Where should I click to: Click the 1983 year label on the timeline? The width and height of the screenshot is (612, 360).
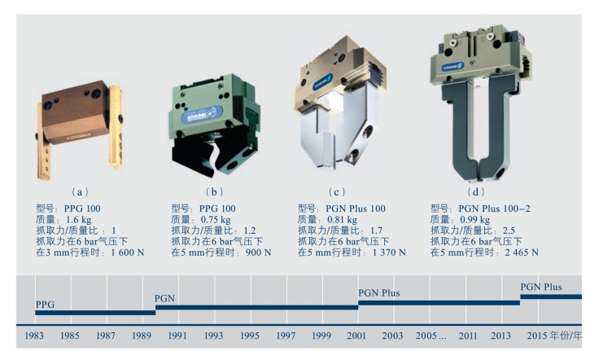pos(34,336)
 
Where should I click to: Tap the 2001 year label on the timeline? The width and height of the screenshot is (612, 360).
pos(356,336)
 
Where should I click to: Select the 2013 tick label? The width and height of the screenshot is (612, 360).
pos(501,336)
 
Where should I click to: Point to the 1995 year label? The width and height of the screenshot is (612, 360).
pos(249,336)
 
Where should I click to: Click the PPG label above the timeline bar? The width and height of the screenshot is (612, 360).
pos(45,305)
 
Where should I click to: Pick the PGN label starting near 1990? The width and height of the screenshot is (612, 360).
pos(164,299)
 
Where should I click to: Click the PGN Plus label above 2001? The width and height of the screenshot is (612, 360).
pos(379,293)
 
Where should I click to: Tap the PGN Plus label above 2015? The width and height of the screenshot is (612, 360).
pos(541,288)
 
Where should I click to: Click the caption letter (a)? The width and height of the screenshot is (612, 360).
pos(80,192)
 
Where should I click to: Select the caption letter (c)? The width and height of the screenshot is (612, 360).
pos(336,192)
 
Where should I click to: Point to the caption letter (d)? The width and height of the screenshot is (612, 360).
pos(475,192)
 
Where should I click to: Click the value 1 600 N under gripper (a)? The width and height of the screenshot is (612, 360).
pos(127,252)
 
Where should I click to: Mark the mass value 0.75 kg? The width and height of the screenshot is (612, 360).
pos(216,220)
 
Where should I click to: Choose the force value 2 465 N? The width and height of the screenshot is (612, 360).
pos(522,252)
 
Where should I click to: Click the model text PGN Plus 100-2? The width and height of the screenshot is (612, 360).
pos(494,209)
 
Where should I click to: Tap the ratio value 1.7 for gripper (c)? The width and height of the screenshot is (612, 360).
pos(376,230)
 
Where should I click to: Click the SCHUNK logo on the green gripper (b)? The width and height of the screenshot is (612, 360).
pos(202,116)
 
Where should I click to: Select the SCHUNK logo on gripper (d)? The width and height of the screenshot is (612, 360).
pos(452,67)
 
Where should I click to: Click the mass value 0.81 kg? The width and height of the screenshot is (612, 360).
pos(342,220)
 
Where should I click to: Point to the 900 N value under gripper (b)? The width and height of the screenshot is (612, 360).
pos(258,252)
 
